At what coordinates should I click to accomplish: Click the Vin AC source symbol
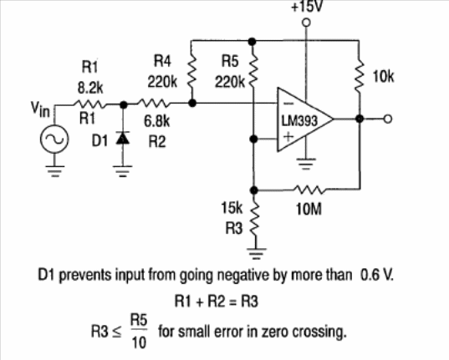point(54,139)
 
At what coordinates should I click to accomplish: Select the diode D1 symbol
point(123,138)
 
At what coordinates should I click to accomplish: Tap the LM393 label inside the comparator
point(299,121)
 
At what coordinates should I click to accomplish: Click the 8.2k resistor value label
point(90,88)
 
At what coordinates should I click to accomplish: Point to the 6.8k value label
point(156,121)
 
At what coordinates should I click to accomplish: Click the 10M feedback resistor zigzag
point(310,190)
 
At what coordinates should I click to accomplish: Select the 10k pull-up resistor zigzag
point(359,76)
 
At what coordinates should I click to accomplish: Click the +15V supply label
point(307,7)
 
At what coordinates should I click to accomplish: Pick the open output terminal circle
point(387,119)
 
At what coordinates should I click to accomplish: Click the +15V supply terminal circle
point(306,22)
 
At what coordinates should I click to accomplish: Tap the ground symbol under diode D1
point(123,171)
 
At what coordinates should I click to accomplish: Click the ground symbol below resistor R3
point(257,253)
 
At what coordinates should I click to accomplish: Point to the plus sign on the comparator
point(288,136)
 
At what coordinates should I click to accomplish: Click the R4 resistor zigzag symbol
point(191,72)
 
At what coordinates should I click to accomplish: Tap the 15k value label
point(232,207)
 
